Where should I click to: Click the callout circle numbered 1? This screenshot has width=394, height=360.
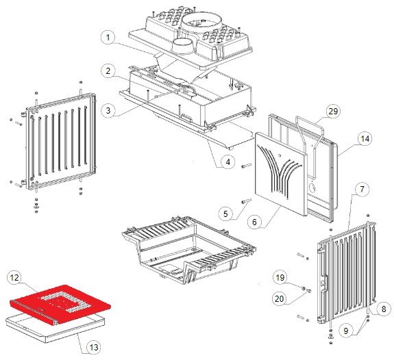pyautogui.click(x=108, y=38)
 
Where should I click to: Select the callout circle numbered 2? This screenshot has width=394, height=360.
pyautogui.click(x=108, y=71)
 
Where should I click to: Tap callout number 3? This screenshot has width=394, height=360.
pyautogui.click(x=108, y=110)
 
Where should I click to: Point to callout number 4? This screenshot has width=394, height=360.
pyautogui.click(x=228, y=162)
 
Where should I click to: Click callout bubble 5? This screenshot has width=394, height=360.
pyautogui.click(x=225, y=214)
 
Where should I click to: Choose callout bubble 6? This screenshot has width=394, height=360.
pyautogui.click(x=254, y=222)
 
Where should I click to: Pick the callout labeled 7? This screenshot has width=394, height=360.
pyautogui.click(x=362, y=189)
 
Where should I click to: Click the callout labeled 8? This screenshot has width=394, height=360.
pyautogui.click(x=384, y=309)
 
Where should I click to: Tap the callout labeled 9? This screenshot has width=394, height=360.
pyautogui.click(x=346, y=331)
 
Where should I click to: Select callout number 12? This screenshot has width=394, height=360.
pyautogui.click(x=14, y=278)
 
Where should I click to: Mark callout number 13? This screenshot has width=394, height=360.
pyautogui.click(x=93, y=348)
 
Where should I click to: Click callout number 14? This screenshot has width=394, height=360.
pyautogui.click(x=365, y=138)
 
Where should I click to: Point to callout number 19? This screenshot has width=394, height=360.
pyautogui.click(x=280, y=277)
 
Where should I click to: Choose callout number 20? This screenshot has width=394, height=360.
pyautogui.click(x=280, y=298)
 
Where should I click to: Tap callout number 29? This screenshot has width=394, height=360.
pyautogui.click(x=333, y=111)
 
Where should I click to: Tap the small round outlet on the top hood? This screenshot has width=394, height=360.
pyautogui.click(x=182, y=47)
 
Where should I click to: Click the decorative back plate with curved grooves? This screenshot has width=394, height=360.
pyautogui.click(x=281, y=174)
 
